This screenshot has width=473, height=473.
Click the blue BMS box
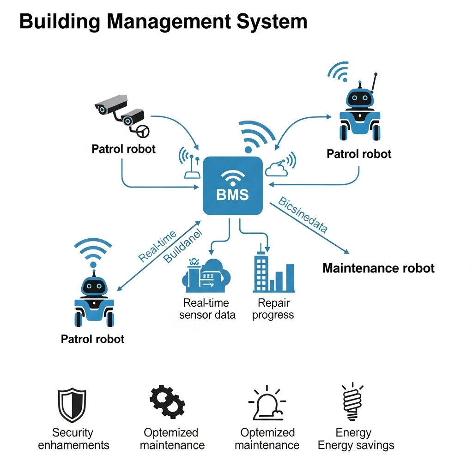click(x=233, y=185)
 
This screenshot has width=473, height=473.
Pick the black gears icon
click(x=167, y=401)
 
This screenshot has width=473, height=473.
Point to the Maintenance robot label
click(x=378, y=268)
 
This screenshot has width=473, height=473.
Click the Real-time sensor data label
click(x=207, y=309)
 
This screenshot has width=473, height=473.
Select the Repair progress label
click(x=273, y=309)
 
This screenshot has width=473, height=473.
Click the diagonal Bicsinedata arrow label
click(x=303, y=214)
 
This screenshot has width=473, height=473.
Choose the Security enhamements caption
click(x=73, y=439)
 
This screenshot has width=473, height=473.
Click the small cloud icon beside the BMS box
click(x=277, y=169)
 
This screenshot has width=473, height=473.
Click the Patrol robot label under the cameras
click(x=123, y=149)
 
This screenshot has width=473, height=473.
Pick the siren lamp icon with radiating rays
click(x=266, y=402)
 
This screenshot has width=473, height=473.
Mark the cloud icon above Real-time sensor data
click(x=207, y=276)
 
